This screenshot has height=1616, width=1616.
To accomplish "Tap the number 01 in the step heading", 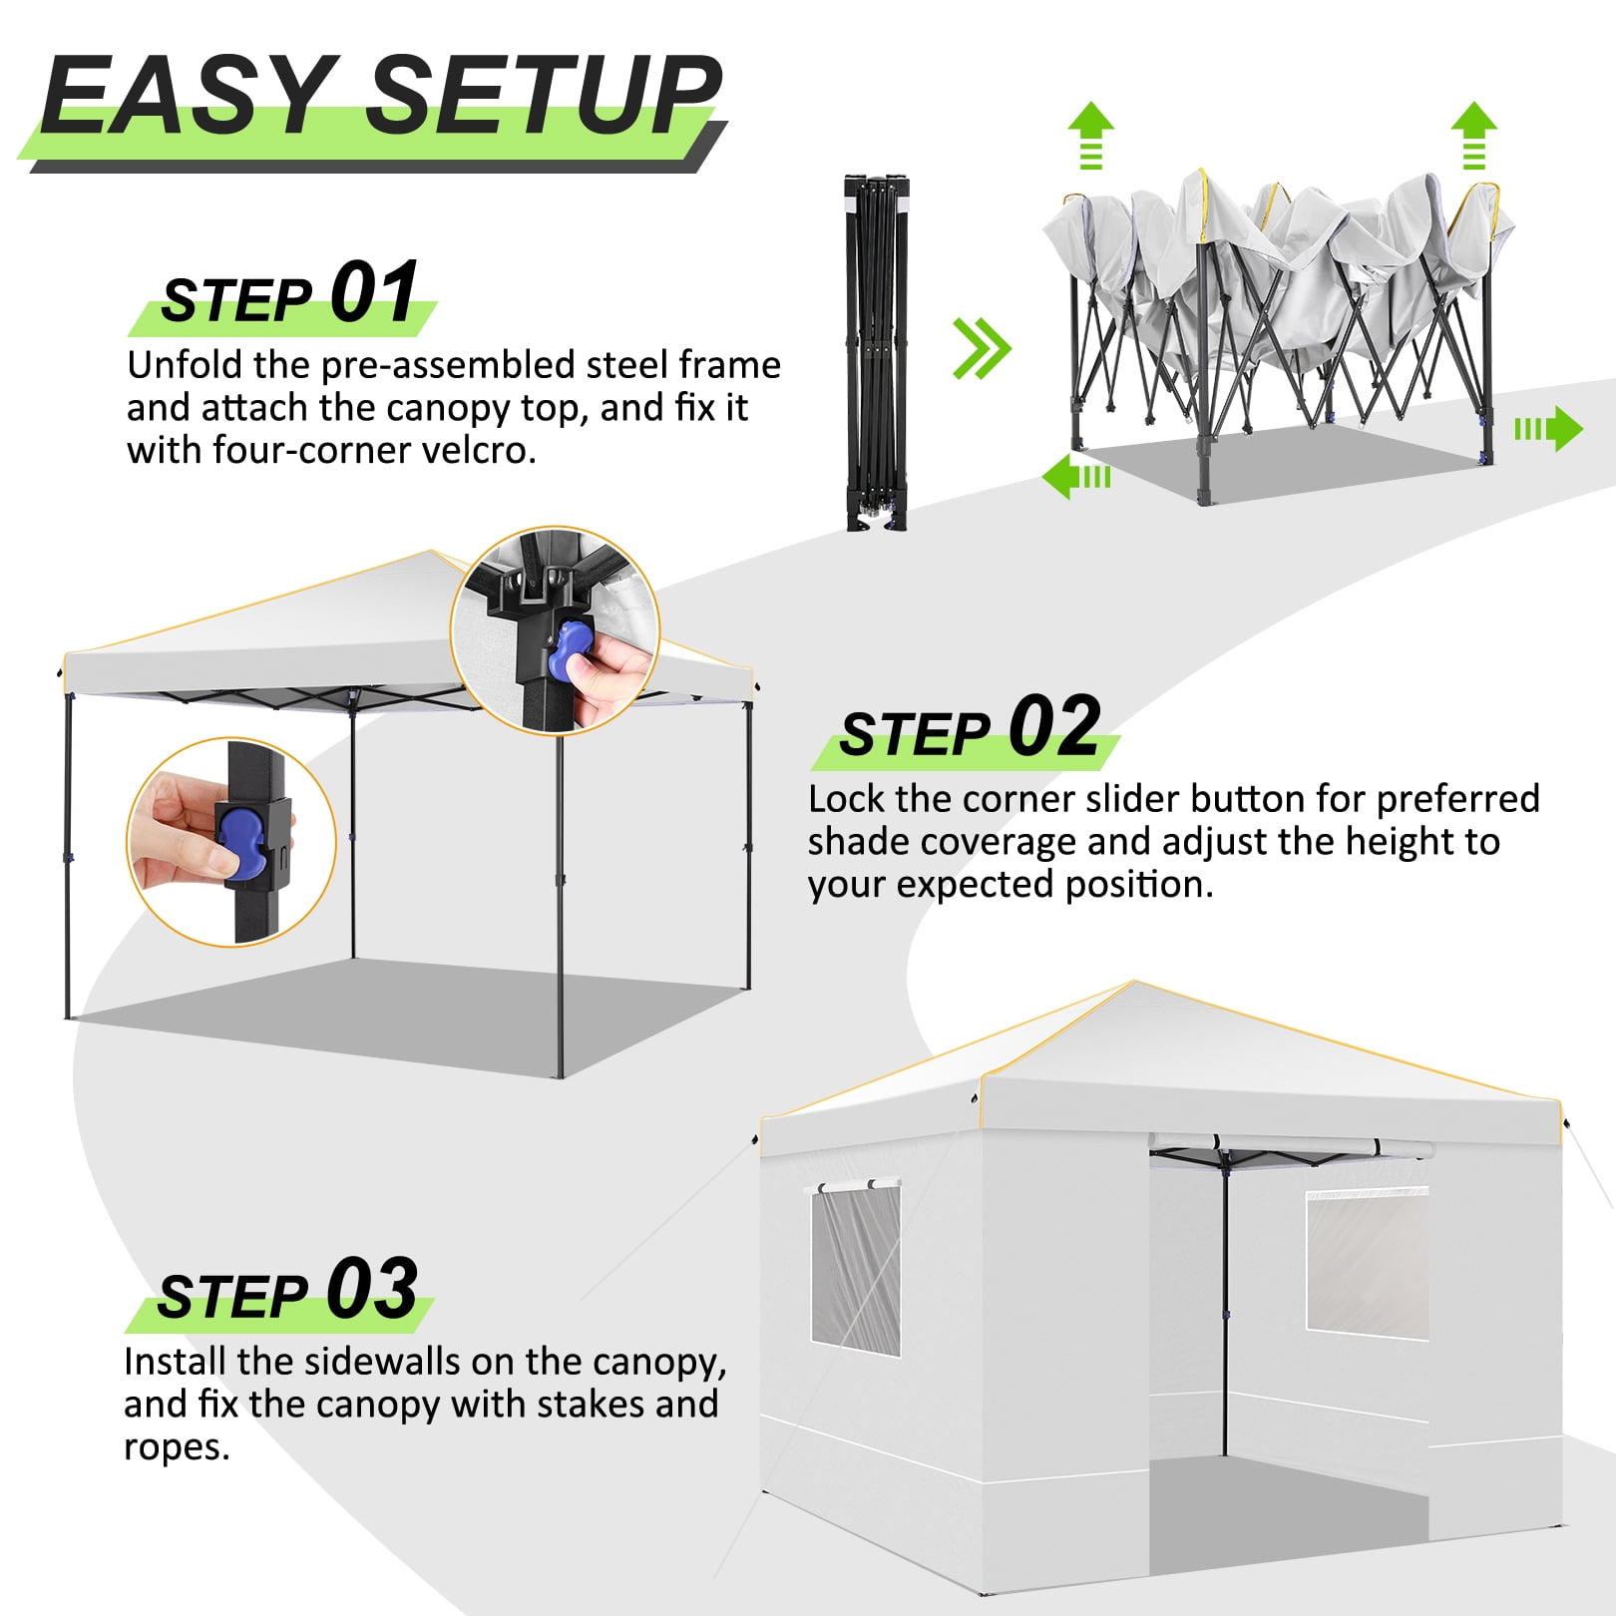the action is (x=374, y=292).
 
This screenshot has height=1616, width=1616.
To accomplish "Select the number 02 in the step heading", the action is (x=1054, y=726).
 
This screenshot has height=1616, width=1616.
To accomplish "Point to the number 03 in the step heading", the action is (x=372, y=1288).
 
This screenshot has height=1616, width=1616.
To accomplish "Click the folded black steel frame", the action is (x=877, y=352).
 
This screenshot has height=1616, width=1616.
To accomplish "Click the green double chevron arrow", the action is (x=982, y=349).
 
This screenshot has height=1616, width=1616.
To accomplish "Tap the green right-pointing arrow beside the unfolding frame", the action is (x=1548, y=429).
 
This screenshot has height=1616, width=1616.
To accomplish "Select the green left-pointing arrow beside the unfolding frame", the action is (x=1076, y=476).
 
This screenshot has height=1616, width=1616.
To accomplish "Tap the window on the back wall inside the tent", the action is (x=1367, y=1262).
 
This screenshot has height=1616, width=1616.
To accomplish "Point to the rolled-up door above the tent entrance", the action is (x=1292, y=1146).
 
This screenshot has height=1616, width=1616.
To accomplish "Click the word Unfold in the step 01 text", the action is (x=185, y=365).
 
